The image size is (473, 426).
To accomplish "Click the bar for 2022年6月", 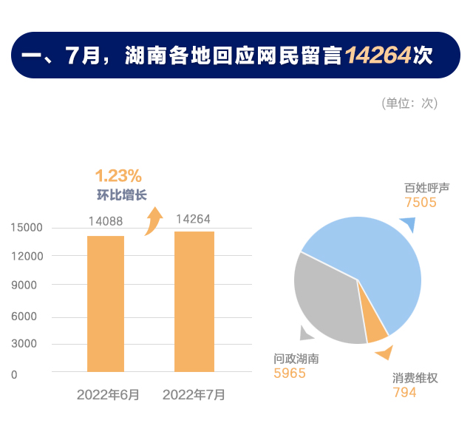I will [106, 303].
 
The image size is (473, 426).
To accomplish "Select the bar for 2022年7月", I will [194, 302].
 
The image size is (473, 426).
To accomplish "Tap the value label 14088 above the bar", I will [106, 221].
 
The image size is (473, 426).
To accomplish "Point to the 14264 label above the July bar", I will [194, 219].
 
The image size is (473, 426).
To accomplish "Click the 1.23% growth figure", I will [118, 176].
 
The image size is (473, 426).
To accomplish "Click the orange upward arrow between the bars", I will [153, 220].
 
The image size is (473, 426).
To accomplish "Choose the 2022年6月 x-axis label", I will [108, 395].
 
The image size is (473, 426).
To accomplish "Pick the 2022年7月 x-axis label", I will [194, 395].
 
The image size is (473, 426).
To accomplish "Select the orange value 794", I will [404, 393].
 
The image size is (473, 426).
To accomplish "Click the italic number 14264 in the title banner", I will [378, 55].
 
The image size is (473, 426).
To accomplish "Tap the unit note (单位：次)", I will [409, 103].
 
